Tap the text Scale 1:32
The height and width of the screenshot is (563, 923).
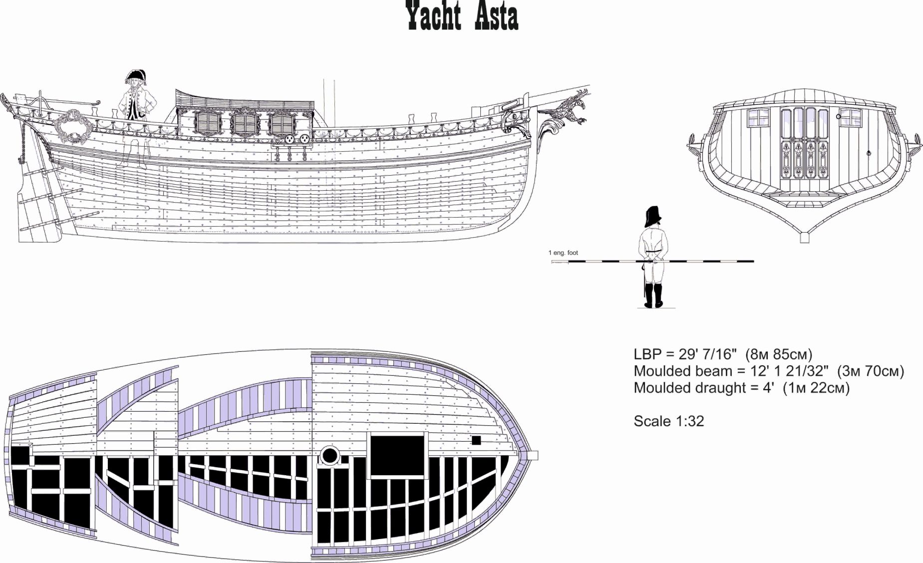pyautogui.click(x=668, y=421)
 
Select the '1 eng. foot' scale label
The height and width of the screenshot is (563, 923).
pyautogui.click(x=563, y=253)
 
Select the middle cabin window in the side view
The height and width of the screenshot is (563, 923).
pyautogui.click(x=244, y=124)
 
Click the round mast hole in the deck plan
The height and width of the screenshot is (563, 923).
pyautogui.click(x=329, y=455)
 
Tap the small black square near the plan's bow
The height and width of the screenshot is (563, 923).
pyautogui.click(x=476, y=440)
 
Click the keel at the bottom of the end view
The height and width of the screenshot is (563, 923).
pyautogui.click(x=804, y=238)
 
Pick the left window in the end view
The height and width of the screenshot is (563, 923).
pyautogui.click(x=758, y=118)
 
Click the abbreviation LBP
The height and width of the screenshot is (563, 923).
pyautogui.click(x=647, y=354)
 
